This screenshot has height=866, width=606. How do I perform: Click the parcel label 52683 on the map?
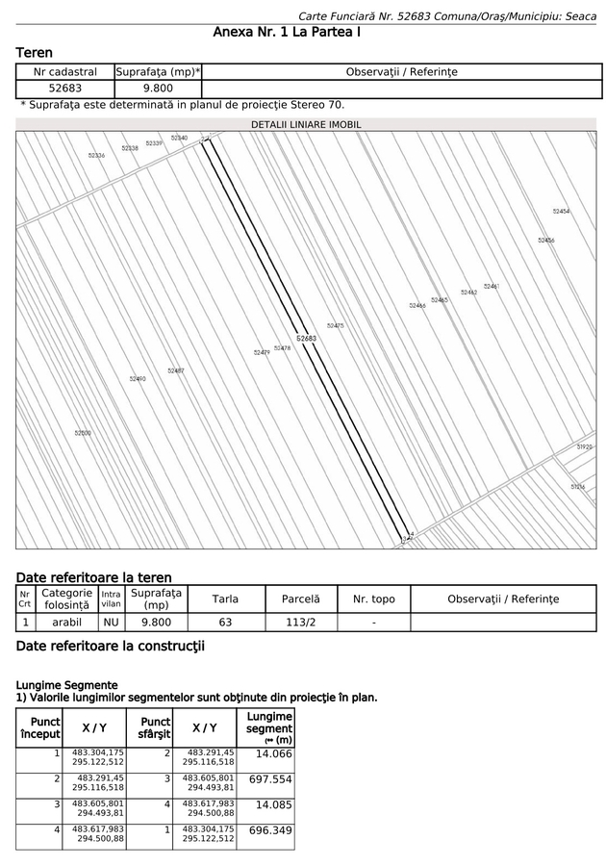306,339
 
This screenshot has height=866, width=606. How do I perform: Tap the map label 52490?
138,379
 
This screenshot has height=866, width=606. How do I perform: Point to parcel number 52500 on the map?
83,433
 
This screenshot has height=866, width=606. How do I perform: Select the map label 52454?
561,211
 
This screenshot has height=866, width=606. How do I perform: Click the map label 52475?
335,326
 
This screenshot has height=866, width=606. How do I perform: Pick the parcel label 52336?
96,155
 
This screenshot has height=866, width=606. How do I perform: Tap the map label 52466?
417,305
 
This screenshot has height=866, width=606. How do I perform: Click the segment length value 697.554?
270,779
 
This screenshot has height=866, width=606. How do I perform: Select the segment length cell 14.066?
273,753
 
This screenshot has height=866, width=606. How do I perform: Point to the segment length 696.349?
270,830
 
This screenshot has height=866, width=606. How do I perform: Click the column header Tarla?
225,599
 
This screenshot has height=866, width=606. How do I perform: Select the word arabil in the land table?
66,623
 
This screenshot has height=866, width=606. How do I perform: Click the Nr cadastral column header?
65,71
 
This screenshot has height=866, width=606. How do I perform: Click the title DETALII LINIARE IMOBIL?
306,125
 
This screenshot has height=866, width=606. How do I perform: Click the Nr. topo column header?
374,599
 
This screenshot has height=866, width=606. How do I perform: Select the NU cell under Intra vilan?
112,623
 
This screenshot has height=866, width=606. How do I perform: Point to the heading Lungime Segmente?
66,684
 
